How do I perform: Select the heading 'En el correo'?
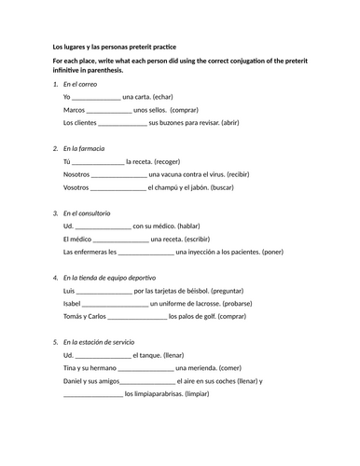(80, 84)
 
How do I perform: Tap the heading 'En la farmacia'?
(84, 148)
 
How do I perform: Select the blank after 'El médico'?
(123, 239)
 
